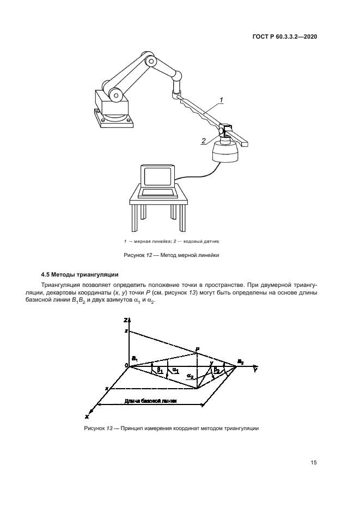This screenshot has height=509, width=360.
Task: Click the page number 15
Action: (x=313, y=463)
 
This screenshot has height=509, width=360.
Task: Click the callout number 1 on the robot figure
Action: (x=222, y=100)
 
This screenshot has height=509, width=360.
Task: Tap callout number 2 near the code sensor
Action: (x=203, y=141)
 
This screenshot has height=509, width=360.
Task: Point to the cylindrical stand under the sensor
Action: (x=225, y=151)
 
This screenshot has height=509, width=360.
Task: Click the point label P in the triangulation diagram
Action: (x=198, y=349)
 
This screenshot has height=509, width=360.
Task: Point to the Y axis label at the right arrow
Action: (x=254, y=370)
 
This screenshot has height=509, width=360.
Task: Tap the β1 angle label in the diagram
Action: (x=160, y=370)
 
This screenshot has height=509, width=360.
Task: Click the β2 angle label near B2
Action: (x=217, y=369)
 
